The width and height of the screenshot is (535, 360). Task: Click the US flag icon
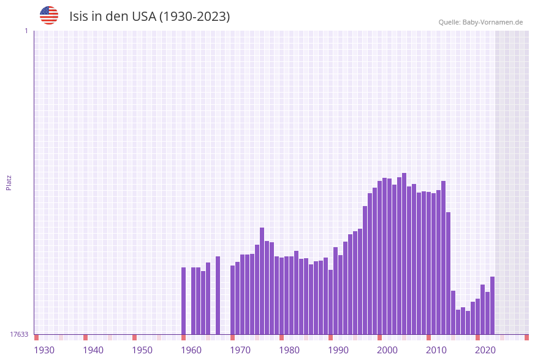tap(49, 15)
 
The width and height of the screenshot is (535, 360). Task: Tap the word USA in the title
tap(143, 17)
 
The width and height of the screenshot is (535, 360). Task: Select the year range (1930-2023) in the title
tap(195, 17)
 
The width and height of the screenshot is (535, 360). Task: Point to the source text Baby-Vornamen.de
tap(492, 22)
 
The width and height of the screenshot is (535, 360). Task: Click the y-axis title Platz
tap(9, 183)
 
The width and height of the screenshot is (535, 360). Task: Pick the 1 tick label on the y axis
tap(26, 31)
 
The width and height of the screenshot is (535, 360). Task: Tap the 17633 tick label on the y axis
tap(19, 334)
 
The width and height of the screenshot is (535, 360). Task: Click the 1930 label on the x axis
tap(44, 350)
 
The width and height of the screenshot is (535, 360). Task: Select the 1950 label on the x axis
tap(142, 350)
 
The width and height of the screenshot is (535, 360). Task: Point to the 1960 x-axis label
tap(191, 350)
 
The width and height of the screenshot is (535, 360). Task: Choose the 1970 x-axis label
tap(240, 350)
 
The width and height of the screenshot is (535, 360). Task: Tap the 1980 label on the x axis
tap(289, 350)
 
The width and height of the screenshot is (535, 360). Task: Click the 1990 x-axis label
tap(338, 350)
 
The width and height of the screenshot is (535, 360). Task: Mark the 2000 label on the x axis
tap(387, 350)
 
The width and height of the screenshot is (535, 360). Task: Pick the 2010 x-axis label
tap(436, 350)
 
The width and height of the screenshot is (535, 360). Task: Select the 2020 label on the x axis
tap(485, 350)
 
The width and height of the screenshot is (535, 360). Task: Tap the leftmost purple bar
tap(183, 301)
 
